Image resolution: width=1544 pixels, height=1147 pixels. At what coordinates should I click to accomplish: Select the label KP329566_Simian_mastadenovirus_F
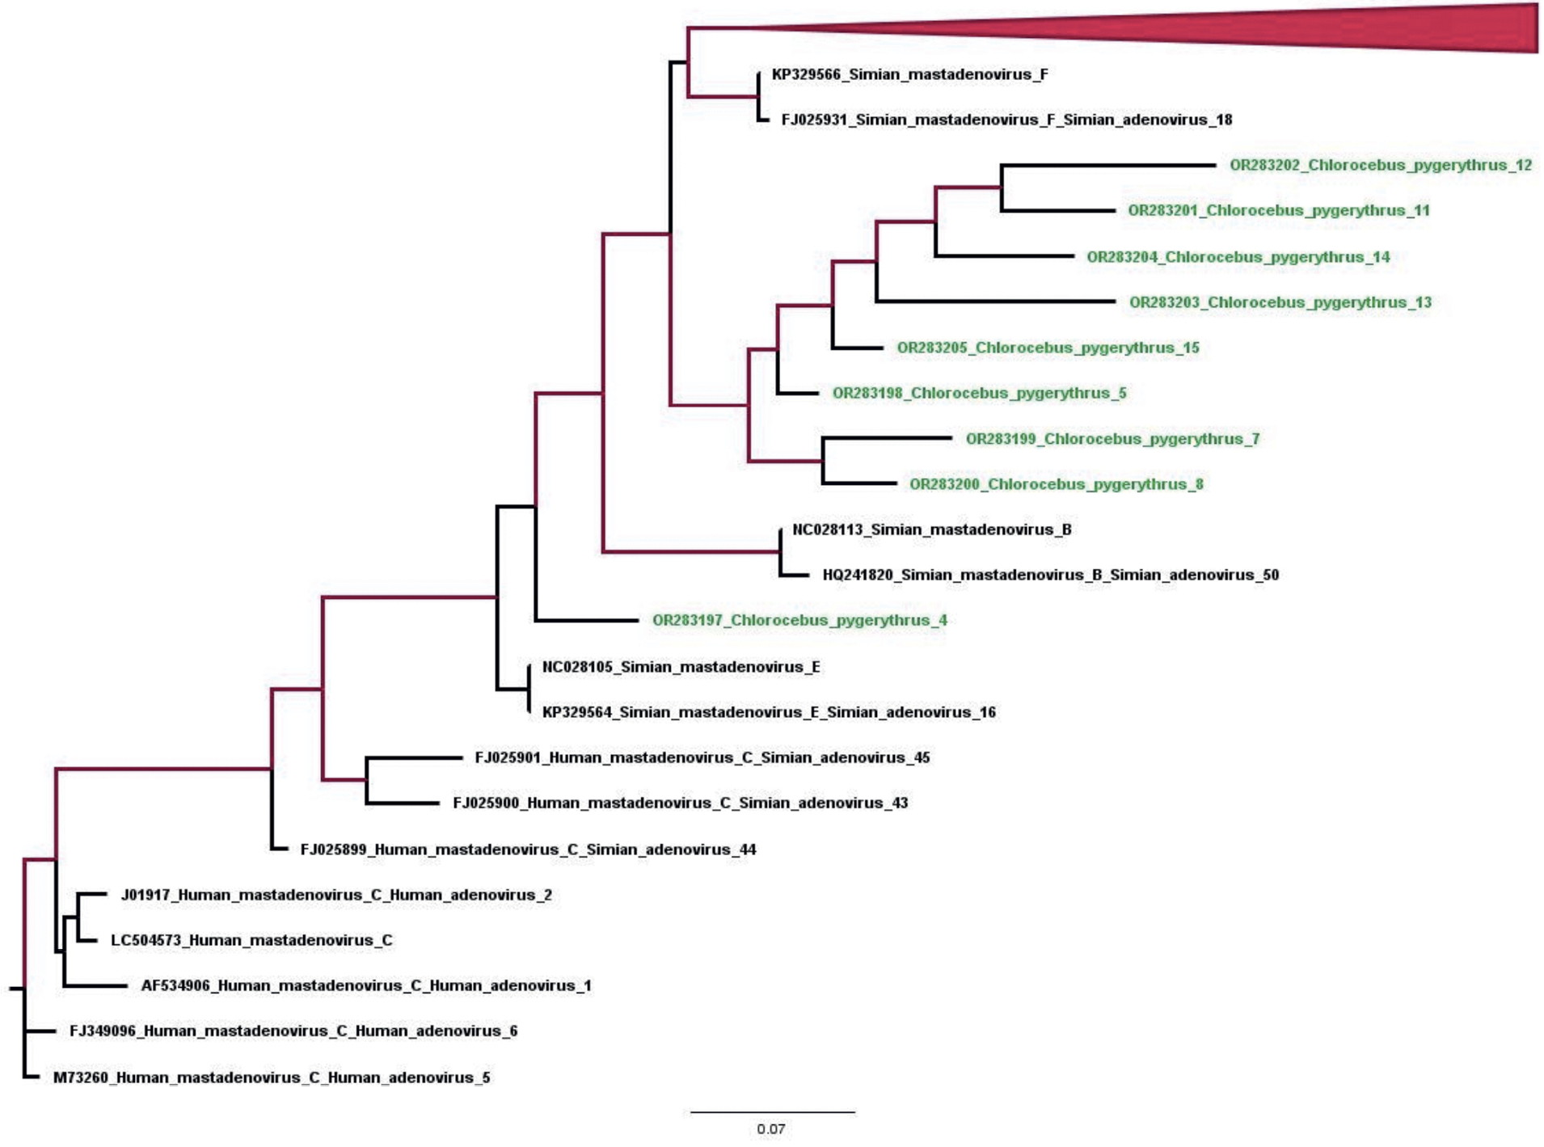point(909,74)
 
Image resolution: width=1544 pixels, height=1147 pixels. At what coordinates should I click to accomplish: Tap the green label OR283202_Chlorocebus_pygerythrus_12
point(1380,165)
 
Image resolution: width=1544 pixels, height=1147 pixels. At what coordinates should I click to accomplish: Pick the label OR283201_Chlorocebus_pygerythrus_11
point(1278,210)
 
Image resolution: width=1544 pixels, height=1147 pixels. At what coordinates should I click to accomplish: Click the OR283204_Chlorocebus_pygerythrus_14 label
point(1238,257)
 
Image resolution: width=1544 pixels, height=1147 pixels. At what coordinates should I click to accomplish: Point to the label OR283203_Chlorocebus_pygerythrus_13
point(1280,302)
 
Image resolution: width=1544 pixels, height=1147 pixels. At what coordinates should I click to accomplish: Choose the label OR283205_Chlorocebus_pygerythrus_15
point(1048,348)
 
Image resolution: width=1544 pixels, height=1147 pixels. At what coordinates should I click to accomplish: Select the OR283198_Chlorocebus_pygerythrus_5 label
point(979,393)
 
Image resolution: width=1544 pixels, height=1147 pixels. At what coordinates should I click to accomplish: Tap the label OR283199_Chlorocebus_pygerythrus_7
point(1112,439)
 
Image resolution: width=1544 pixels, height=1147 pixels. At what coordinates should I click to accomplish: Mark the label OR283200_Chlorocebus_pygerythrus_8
point(1056,484)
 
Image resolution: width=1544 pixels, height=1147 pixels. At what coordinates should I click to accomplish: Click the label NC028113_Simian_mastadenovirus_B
point(931,529)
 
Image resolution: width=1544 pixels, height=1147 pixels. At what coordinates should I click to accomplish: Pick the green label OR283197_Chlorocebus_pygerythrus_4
point(799,620)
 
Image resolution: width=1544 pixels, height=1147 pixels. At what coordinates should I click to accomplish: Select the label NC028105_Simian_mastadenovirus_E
point(681,667)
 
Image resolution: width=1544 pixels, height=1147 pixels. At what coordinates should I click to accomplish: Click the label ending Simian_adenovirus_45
point(702,757)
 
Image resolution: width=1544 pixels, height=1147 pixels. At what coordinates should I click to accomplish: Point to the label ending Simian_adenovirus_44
point(528,850)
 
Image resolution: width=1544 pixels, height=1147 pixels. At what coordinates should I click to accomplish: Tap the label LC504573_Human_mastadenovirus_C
point(251,940)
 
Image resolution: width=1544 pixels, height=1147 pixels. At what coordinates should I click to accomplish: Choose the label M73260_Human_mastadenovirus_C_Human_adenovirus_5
point(272,1077)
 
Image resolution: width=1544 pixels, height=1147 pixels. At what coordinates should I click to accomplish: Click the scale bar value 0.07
point(771,1129)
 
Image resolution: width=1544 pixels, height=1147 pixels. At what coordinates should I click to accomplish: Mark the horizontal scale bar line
point(772,1112)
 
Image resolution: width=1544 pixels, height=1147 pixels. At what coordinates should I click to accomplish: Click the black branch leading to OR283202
point(1107,165)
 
